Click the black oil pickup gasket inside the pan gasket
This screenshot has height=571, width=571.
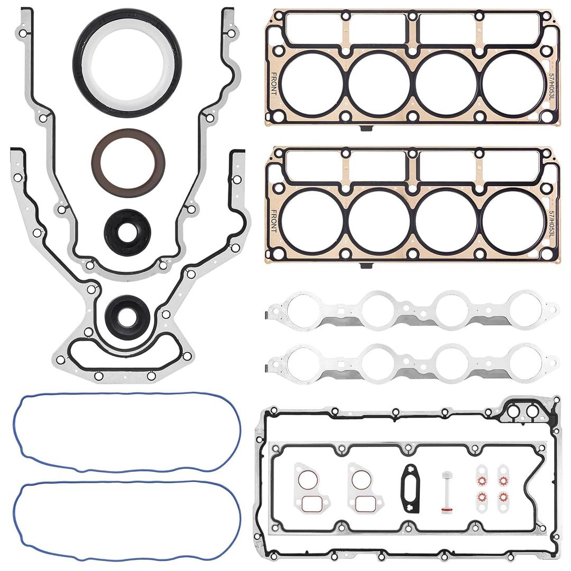[411, 487]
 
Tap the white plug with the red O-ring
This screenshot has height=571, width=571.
[446, 492]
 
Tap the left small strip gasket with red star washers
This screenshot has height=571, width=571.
[481, 488]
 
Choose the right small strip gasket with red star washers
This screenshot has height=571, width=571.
[503, 488]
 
